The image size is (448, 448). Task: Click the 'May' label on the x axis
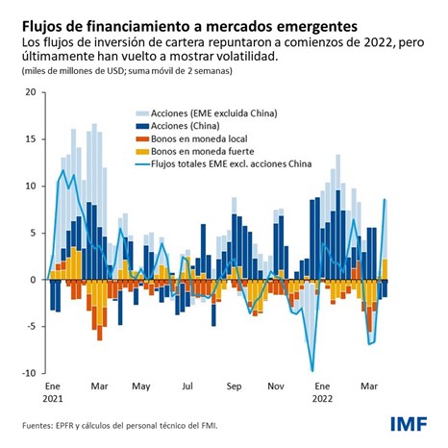point(141,387)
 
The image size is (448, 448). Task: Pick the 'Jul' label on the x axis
point(187,387)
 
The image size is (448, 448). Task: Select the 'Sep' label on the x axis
point(234,387)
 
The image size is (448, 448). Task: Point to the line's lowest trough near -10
point(312,370)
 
